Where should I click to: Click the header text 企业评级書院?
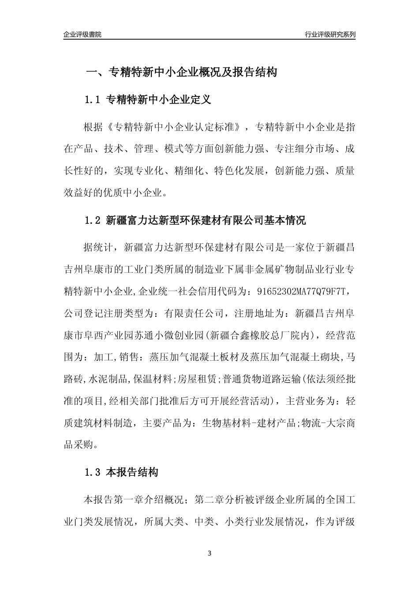pos(82,34)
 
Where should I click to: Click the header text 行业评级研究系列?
pos(330,34)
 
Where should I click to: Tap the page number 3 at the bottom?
pos(209,553)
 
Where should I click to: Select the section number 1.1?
pos(93,100)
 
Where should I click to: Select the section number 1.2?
pos(93,220)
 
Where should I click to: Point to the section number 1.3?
pos(93,473)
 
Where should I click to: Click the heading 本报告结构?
pos(132,473)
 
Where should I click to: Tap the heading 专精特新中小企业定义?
pos(159,100)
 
